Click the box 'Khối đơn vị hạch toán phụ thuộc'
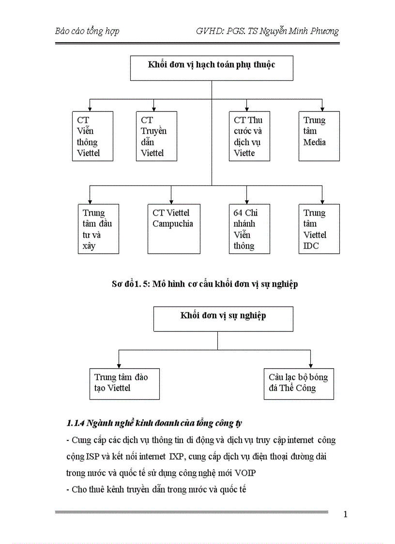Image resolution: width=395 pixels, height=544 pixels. pos(212,68)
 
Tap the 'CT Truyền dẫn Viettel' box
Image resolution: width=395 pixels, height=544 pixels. pos(156,136)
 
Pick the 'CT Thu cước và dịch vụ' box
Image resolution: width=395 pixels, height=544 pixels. pos(249,136)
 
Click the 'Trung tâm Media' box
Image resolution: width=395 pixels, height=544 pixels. pos(319,136)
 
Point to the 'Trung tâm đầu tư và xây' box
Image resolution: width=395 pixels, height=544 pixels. pos(98,229)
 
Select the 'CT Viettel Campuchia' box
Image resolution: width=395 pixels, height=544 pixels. pos(174,229)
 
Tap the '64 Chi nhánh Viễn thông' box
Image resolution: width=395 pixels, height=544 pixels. pos(249,229)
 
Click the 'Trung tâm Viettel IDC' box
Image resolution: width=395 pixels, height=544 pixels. pos(319,229)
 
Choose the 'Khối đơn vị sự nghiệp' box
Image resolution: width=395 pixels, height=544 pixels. pos(223,319)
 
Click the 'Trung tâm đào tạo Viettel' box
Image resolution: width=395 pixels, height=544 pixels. pos(124,384)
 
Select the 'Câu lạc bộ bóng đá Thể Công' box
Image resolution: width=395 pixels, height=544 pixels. pos(299,384)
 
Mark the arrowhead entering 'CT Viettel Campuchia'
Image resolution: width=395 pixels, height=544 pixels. pos(171,201)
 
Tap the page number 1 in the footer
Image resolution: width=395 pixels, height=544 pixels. pos(345,514)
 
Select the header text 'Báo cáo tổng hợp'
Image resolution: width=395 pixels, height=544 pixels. pos(87,31)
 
